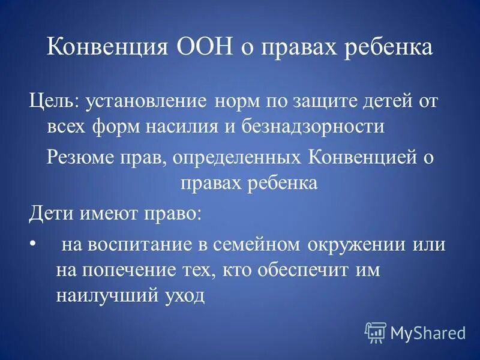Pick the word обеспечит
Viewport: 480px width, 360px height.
pyautogui.click(x=301, y=270)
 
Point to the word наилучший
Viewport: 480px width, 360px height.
pyautogui.click(x=99, y=295)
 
